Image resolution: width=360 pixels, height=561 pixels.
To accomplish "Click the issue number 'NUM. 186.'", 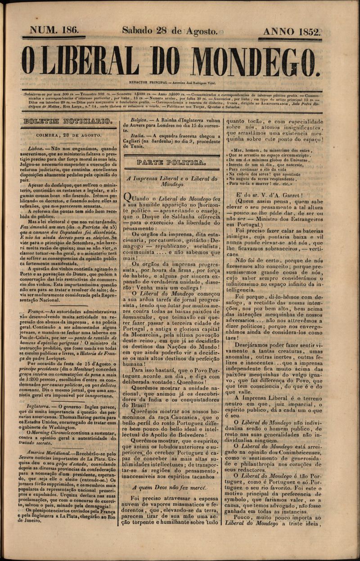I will coord(54,31).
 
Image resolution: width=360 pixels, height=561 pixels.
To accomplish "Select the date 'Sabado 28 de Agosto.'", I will coord(170,31).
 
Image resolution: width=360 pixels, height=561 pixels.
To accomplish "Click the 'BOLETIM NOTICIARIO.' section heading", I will coord(67,121).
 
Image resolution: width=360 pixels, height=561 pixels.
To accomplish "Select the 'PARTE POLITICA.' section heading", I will coord(172,161).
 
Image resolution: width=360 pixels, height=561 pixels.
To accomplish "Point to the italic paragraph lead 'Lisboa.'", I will coord(36,147).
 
